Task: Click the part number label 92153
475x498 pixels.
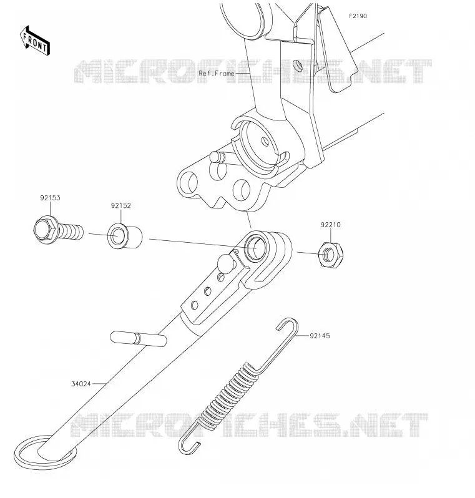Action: [x=50, y=198]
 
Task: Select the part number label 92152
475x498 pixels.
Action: [x=120, y=206]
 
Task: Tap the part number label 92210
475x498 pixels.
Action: [x=330, y=225]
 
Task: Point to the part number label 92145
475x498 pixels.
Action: [x=320, y=336]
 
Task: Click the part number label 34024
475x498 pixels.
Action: [x=81, y=384]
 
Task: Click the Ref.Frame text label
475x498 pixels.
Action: [x=217, y=74]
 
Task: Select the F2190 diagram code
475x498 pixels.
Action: [x=358, y=16]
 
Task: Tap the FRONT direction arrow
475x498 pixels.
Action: [x=34, y=41]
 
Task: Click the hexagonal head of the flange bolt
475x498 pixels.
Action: [x=44, y=230]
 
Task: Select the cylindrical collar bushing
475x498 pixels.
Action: [x=125, y=237]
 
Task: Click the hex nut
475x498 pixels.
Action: [x=331, y=255]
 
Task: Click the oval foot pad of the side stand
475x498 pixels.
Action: [x=44, y=452]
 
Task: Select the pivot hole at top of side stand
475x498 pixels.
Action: [x=256, y=247]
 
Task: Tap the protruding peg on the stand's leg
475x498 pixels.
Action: [x=138, y=338]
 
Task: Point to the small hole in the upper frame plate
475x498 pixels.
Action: [x=298, y=65]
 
